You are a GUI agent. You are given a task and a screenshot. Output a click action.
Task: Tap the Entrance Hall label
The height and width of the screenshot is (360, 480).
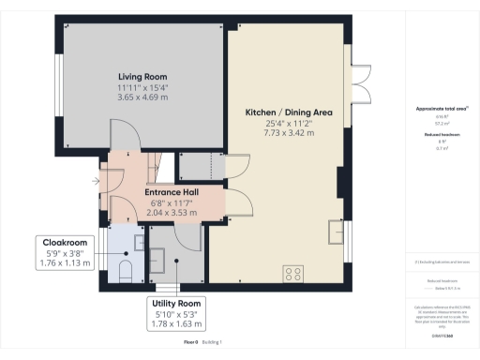[172, 191]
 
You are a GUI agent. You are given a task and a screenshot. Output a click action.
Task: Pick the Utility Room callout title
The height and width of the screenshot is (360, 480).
[177, 304]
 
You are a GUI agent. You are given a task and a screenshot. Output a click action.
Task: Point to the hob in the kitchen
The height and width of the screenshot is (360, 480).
[294, 274]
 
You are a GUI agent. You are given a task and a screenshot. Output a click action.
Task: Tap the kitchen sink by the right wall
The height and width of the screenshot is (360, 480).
[335, 231]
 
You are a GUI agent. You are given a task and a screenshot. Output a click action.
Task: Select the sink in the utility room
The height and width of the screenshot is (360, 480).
[158, 257]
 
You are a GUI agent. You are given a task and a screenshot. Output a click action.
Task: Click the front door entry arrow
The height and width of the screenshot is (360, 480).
[97, 181]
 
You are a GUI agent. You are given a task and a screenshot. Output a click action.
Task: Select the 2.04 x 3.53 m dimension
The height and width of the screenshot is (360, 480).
[172, 213]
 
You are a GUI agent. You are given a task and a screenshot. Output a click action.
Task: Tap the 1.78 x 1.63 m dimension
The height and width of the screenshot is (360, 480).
[177, 325]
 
